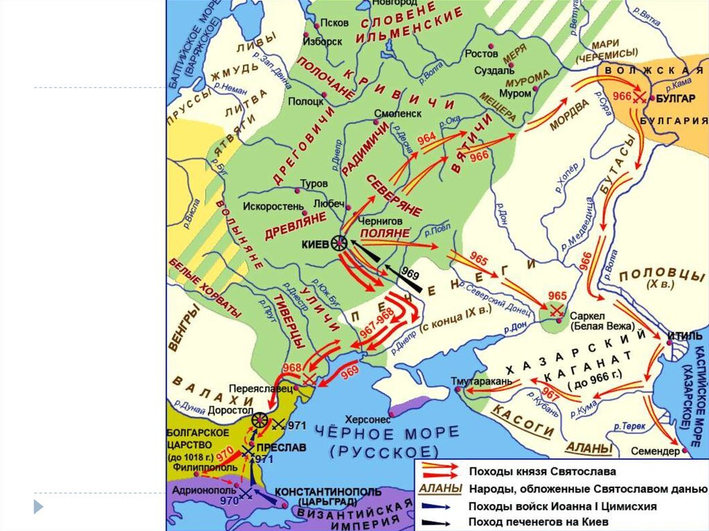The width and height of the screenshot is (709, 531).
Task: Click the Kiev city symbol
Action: click(x=339, y=243)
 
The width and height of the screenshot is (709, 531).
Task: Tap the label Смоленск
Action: click(x=397, y=112)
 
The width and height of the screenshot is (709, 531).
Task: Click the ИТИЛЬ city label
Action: click(x=682, y=335)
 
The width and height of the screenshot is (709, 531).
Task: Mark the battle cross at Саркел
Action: click(x=555, y=312)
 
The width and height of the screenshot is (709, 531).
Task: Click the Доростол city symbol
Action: click(x=260, y=420)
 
